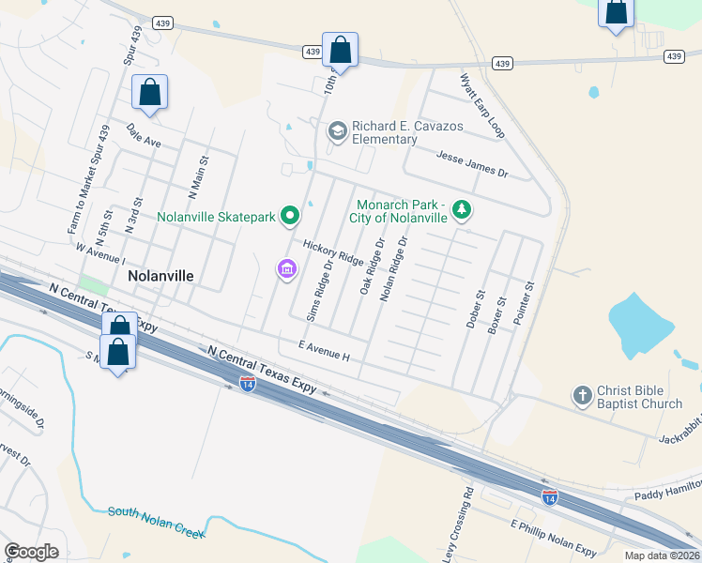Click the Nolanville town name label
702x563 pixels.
160,277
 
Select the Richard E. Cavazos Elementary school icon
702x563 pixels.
337,131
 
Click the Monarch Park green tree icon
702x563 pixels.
461,209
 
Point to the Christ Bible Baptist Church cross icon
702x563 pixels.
583,397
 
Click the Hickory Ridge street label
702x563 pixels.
332,251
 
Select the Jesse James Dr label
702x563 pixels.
472,165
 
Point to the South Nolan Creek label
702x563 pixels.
156,522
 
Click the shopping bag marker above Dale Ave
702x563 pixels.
149,93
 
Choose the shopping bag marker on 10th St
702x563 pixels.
340,50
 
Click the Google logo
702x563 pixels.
31,552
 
